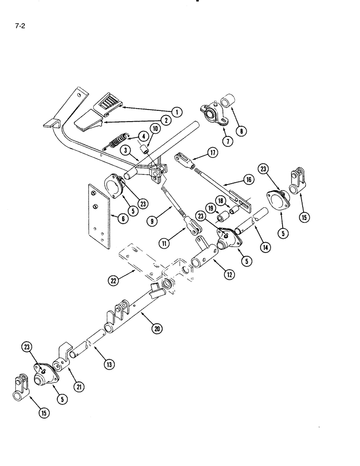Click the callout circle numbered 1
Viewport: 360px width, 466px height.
pyautogui.click(x=176, y=111)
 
